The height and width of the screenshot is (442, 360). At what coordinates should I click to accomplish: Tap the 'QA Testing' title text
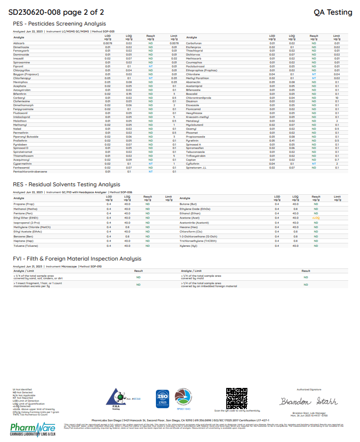(x=333, y=12)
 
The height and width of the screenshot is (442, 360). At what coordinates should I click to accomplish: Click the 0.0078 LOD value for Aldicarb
(x=108, y=43)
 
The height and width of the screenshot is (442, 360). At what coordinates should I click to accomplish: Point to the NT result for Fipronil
(x=150, y=66)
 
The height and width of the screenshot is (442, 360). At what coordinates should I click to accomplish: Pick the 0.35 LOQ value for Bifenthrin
(x=129, y=93)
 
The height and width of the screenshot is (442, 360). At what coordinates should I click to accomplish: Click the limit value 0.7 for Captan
(x=337, y=159)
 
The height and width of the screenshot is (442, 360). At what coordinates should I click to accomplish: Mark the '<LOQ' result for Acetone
(x=316, y=217)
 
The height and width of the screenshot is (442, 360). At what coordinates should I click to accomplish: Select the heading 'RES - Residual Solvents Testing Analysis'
(x=60, y=184)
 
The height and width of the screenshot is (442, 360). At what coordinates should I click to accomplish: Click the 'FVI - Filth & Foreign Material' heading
(x=77, y=258)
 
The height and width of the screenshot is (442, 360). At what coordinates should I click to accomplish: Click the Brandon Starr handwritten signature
(x=309, y=401)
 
